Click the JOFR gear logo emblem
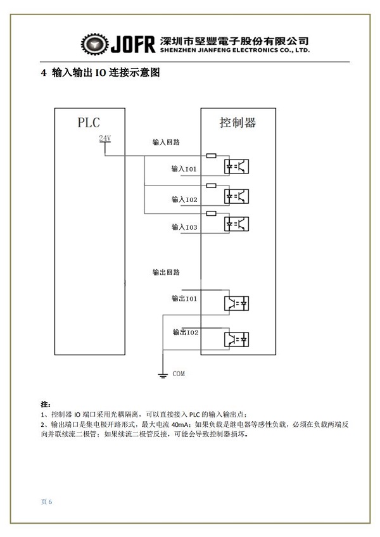tap(95, 44)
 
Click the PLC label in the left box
tap(89, 122)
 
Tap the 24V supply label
tap(105, 138)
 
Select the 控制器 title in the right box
tap(237, 122)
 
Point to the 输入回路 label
tap(166, 142)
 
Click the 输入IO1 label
tap(184, 168)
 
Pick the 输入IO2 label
tap(184, 199)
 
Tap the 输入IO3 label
tap(184, 227)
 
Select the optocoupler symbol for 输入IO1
tap(236, 167)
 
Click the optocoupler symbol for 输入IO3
tap(236, 224)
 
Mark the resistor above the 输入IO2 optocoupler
tap(211, 186)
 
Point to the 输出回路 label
tap(166, 272)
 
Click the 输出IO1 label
tap(184, 299)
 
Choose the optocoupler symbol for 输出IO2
tap(236, 339)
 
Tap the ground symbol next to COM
tap(163, 375)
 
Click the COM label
tap(179, 374)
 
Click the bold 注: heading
tap(46, 405)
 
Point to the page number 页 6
tap(46, 502)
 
